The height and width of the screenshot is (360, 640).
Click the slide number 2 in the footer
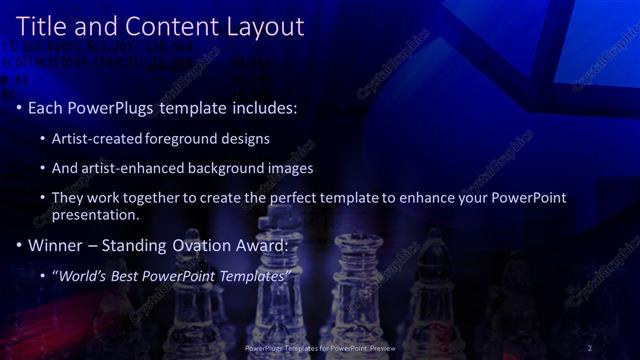click(x=590, y=347)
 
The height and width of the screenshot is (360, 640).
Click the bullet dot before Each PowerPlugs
click(x=20, y=106)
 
